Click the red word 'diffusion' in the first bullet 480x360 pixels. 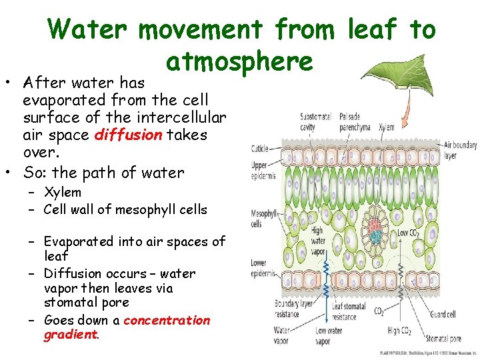tap(128, 135)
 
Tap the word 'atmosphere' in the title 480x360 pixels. tap(239, 61)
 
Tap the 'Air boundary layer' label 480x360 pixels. tap(459, 149)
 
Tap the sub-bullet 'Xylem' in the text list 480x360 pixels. tap(63, 193)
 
